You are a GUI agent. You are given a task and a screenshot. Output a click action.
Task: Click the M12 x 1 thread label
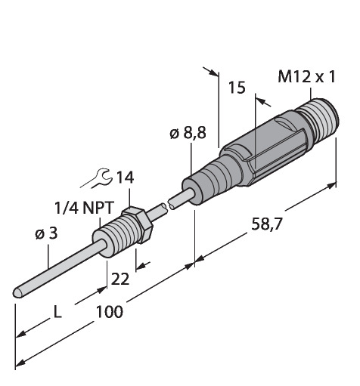306,76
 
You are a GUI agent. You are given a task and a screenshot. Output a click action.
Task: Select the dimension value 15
237,88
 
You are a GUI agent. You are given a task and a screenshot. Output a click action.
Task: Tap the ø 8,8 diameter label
188,133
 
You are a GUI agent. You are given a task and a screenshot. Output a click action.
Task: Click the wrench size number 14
125,178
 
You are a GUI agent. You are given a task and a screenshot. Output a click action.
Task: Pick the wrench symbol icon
96,178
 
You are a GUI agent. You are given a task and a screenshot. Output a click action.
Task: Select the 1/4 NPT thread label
84,208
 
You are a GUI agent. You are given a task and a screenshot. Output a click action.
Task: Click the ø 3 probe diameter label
46,234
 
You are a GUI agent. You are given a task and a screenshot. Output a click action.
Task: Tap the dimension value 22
120,279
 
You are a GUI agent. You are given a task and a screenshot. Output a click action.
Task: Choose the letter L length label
57,312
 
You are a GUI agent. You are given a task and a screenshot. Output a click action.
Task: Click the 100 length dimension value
110,312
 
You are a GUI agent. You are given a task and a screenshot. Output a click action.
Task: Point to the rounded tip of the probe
17,293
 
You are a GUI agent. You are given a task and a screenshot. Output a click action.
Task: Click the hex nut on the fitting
138,224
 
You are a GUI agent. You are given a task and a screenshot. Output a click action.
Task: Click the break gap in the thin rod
168,205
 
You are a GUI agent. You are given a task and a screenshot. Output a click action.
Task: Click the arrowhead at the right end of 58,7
331,186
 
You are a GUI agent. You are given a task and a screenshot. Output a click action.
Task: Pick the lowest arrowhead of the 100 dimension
20,363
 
